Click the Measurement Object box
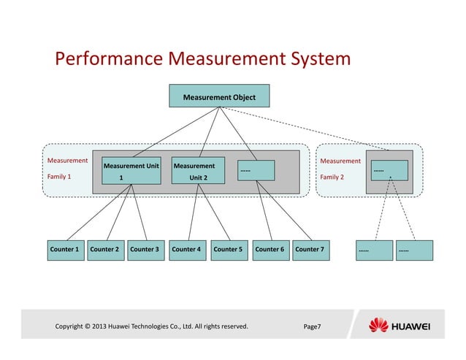(218, 96)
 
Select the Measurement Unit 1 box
(131, 171)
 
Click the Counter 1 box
(64, 250)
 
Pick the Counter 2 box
(104, 250)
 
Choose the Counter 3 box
(145, 250)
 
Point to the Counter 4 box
(187, 250)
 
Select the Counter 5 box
(228, 250)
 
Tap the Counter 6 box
(270, 250)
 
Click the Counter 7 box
(310, 250)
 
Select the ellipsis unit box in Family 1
(256, 170)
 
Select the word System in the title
(315, 58)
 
